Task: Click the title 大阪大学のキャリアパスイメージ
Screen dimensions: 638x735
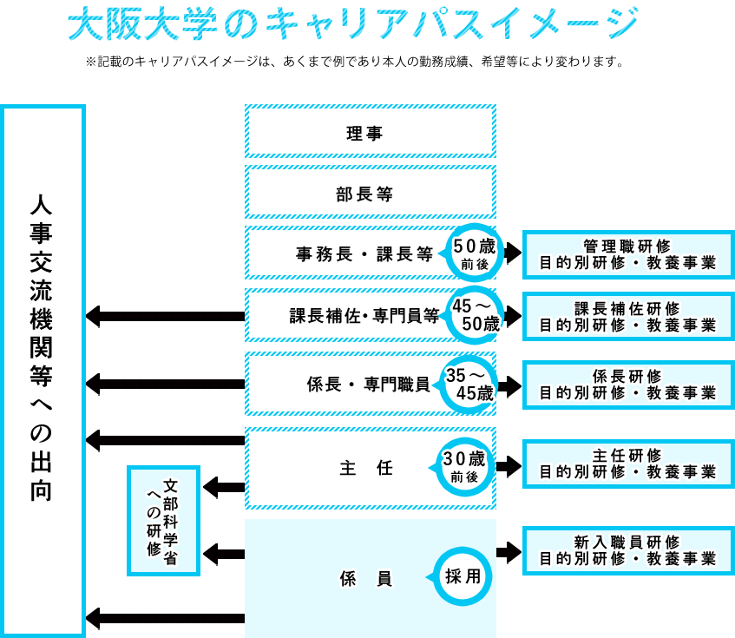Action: click(x=353, y=23)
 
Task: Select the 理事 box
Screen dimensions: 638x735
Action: click(x=370, y=133)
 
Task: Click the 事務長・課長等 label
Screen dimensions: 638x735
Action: click(x=364, y=254)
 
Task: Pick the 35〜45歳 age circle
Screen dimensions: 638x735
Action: click(x=469, y=384)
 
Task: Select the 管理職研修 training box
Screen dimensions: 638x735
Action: click(x=628, y=253)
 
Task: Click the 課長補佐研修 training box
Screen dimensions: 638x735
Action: click(x=628, y=316)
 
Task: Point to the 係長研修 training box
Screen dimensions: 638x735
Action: click(x=628, y=384)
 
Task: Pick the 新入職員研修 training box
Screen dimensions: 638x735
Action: click(x=628, y=549)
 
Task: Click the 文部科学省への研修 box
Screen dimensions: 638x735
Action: click(x=164, y=520)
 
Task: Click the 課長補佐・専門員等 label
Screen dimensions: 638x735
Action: click(x=364, y=316)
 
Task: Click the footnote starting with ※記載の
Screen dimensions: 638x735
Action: click(x=353, y=62)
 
